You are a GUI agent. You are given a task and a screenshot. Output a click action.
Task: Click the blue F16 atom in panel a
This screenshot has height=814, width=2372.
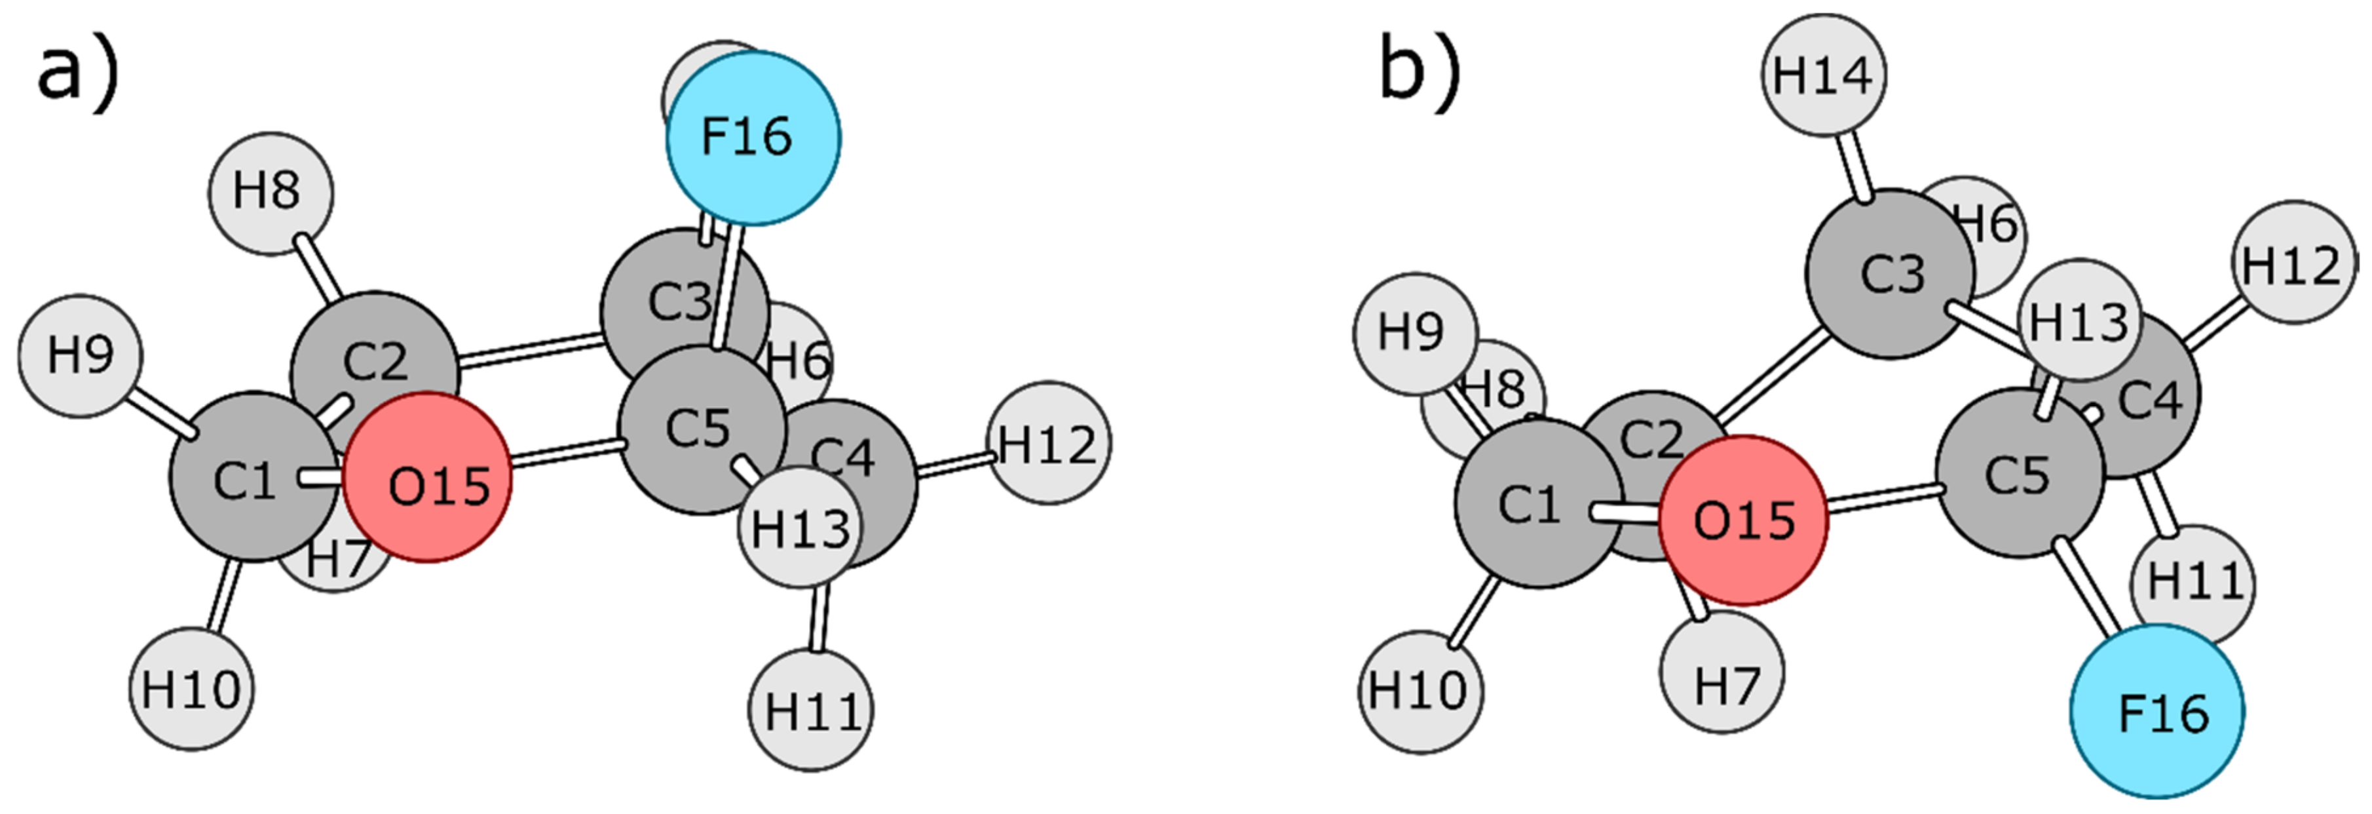[x=753, y=138]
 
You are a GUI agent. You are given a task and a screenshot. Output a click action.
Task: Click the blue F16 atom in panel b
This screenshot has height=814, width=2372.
[x=2157, y=711]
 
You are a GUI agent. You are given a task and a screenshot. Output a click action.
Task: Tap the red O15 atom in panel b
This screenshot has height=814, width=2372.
[x=1743, y=520]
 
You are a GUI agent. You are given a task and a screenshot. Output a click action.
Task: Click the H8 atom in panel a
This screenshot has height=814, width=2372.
[x=270, y=193]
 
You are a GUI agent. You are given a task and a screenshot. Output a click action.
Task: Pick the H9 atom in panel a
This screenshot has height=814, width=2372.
[x=80, y=355]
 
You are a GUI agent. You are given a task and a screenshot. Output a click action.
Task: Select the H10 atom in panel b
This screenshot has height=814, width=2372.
[x=1421, y=691]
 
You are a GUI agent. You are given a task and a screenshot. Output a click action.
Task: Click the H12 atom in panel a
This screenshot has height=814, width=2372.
[x=1048, y=444]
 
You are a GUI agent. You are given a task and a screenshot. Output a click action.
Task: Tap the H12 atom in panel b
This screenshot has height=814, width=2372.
[x=2293, y=263]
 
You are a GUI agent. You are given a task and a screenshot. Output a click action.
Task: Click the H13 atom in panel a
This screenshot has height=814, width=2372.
[x=799, y=528]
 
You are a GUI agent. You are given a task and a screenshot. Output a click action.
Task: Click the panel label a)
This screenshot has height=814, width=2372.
[x=78, y=72]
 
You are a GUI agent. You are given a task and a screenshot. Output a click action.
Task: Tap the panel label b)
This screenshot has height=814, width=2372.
[x=1418, y=72]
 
